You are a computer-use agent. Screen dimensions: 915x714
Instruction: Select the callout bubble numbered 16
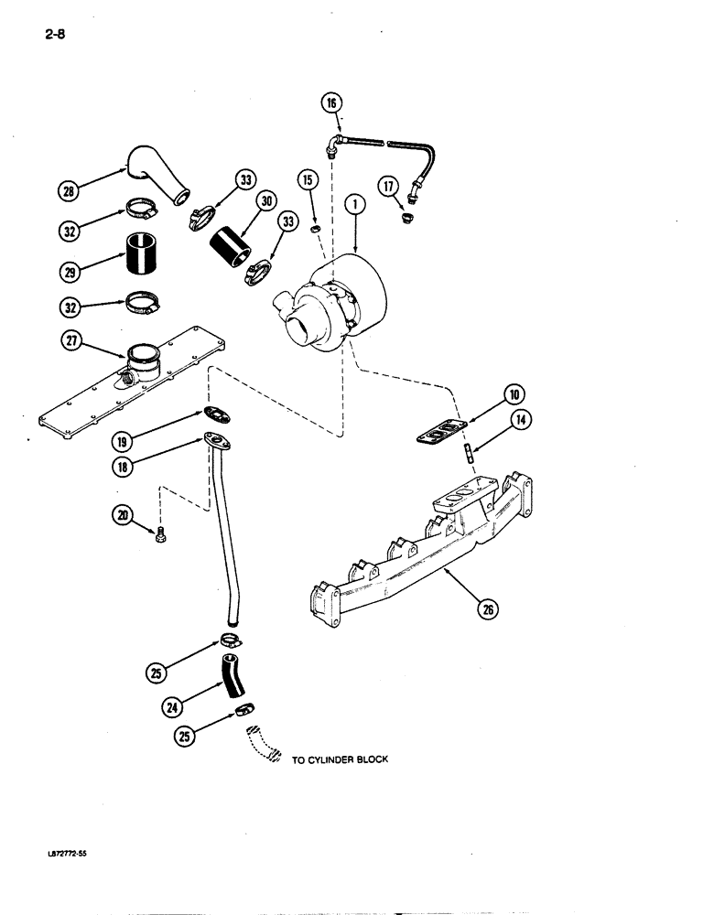[331, 102]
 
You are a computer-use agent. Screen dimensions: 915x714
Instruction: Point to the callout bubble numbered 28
[69, 191]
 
